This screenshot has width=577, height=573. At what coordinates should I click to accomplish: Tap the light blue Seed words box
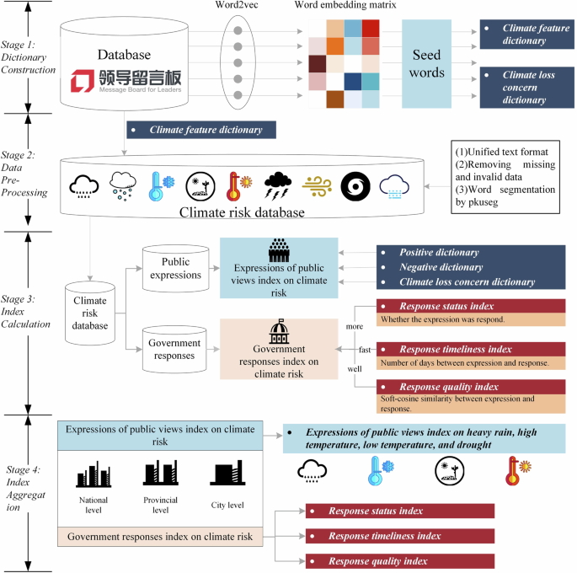(427, 63)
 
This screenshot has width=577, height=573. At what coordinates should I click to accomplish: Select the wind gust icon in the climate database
(315, 185)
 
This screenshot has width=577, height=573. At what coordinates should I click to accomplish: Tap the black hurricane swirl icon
(355, 185)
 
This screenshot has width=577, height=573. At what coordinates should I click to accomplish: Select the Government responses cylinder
(174, 348)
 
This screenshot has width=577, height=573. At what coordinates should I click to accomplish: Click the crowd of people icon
(278, 250)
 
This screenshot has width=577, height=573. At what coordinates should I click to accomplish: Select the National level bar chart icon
(93, 473)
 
